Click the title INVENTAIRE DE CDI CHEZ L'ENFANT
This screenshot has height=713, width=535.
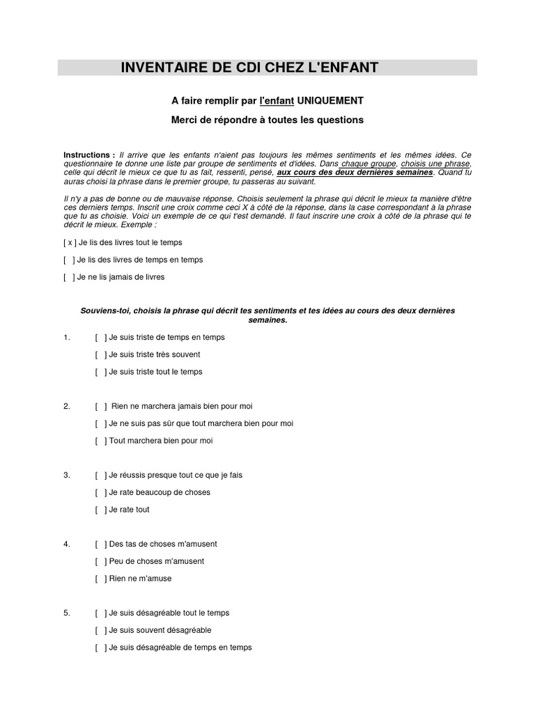tap(249, 68)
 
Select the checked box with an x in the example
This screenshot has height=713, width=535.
tap(70, 242)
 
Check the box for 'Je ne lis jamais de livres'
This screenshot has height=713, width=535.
tap(70, 277)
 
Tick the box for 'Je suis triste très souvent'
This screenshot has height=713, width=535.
tap(101, 354)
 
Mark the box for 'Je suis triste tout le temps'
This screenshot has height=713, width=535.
tap(101, 372)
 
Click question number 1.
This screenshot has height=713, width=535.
tap(67, 338)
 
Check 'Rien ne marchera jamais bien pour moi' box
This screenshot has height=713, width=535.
tap(101, 407)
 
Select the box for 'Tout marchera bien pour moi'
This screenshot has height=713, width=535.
tap(101, 441)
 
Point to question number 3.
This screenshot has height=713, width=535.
tap(67, 476)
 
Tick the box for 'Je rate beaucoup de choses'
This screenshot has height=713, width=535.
tap(101, 492)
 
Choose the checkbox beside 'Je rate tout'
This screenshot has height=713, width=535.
tap(101, 510)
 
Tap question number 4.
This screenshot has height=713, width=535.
tap(67, 544)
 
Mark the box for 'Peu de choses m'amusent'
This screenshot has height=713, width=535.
tap(101, 561)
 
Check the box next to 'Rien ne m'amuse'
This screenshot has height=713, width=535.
tap(101, 579)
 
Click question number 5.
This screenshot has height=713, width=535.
tap(67, 613)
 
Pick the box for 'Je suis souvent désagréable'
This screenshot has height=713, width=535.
tap(101, 630)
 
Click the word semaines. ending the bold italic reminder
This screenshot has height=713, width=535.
tap(267, 320)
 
